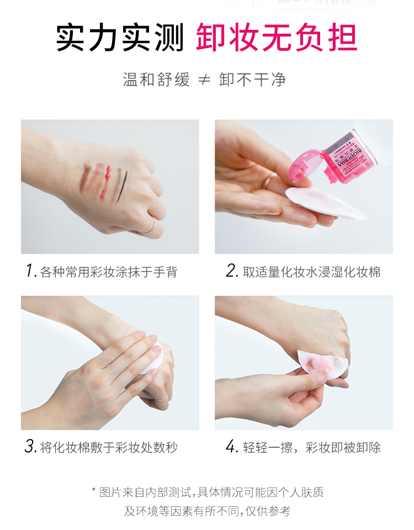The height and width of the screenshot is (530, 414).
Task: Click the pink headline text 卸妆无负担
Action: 277,38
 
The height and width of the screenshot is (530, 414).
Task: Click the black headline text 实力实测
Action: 120,38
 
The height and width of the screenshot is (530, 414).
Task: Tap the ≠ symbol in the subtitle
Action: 204,80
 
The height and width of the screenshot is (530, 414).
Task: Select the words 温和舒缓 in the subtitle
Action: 156,79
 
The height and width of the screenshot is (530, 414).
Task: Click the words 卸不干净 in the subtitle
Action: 252,79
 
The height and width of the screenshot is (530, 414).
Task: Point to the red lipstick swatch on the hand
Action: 106,183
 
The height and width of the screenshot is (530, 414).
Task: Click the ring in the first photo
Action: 150,226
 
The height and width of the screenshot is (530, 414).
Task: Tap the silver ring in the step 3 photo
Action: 162,398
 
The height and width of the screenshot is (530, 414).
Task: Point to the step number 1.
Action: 31,271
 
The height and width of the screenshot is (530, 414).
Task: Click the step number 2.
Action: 232,271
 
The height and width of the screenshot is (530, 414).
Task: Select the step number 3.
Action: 30,447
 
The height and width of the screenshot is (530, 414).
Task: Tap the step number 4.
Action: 232,447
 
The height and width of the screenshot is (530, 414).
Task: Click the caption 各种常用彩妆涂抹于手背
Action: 109,272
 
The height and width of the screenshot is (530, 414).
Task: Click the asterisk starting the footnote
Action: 94,490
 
